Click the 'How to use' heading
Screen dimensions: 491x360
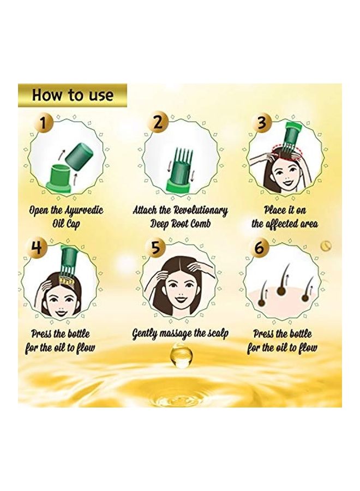point(73,95)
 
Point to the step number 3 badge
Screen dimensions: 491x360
point(261,123)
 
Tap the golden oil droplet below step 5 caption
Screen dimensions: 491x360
point(182,356)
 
